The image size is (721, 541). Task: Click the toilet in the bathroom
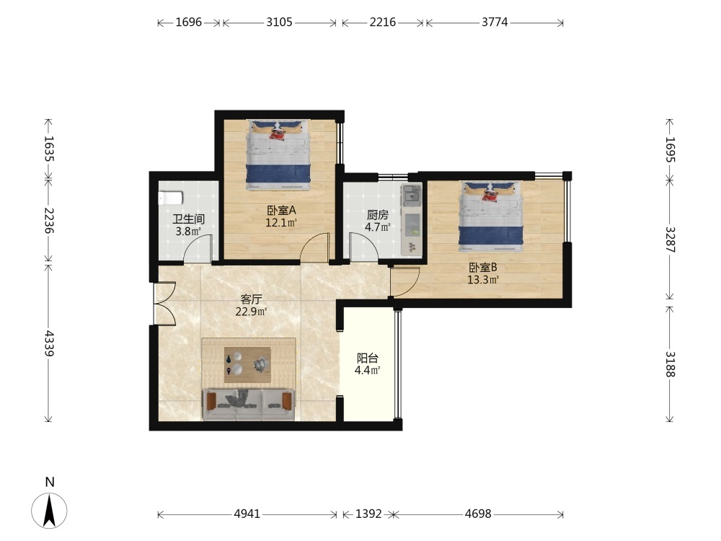(170, 198)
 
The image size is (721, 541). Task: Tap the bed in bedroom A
(278, 154)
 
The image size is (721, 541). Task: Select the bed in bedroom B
(491, 216)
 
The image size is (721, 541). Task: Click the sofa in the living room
(249, 405)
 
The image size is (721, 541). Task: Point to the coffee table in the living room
(247, 365)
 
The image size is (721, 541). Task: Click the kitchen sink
(412, 196)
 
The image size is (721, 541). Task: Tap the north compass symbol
(49, 510)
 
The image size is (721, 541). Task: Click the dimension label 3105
(279, 22)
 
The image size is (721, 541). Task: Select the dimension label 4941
(247, 514)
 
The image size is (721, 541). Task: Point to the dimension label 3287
(670, 239)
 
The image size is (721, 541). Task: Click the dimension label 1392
(368, 514)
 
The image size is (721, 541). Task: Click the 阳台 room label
(368, 358)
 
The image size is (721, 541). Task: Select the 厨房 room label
(378, 215)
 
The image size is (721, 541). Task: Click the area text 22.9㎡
(252, 312)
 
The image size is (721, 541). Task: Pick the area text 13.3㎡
(483, 280)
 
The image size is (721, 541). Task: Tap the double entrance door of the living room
(164, 304)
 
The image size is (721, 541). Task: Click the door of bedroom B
(405, 281)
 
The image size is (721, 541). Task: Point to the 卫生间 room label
(188, 219)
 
